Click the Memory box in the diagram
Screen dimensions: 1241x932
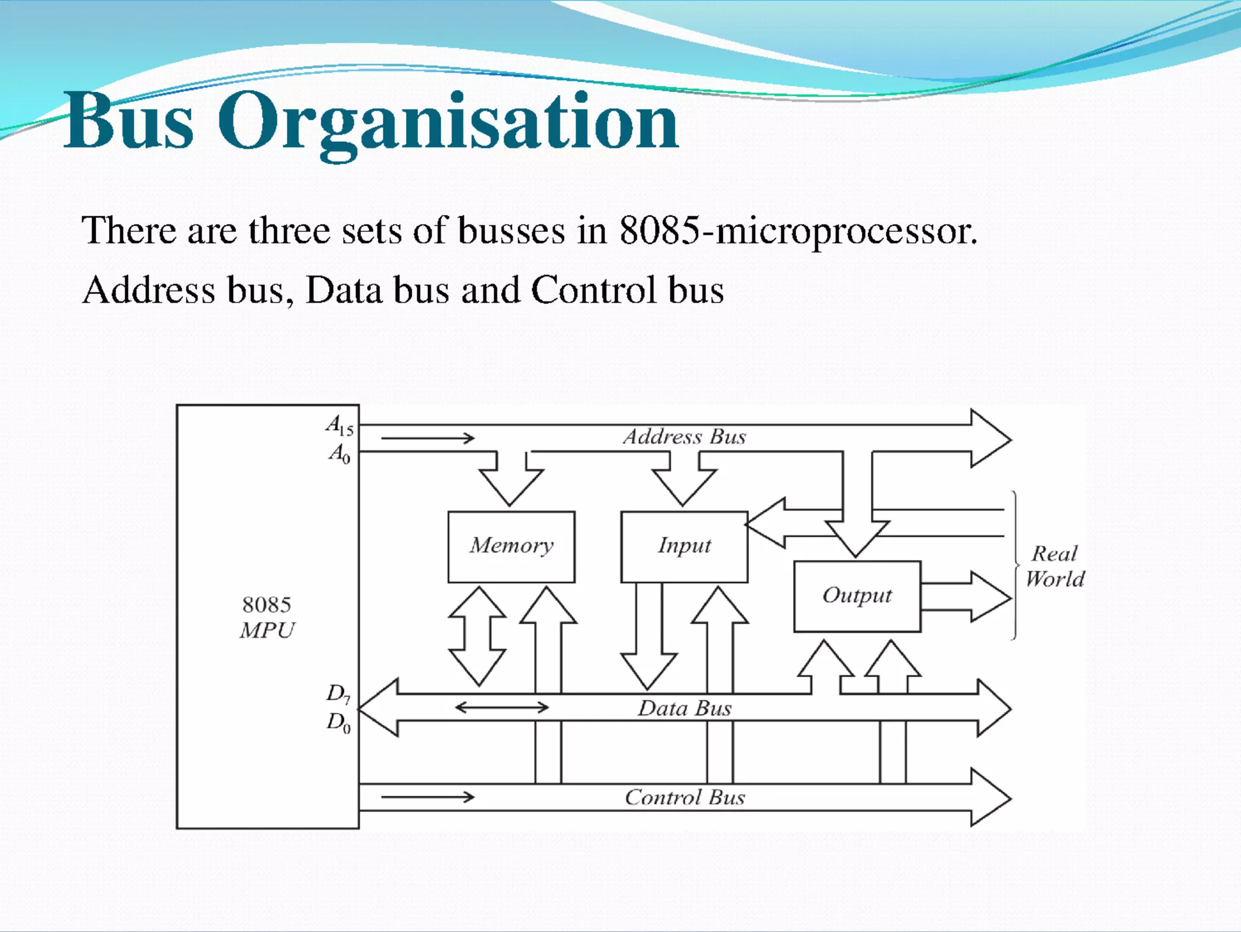[511, 546]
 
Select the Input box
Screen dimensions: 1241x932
[684, 546]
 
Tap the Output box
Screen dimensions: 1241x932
[857, 596]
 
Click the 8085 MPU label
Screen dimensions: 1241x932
[267, 617]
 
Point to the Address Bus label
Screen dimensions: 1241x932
[684, 437]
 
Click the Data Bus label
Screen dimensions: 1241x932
[684, 708]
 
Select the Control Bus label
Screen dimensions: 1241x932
[685, 797]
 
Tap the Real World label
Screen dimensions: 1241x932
[1055, 566]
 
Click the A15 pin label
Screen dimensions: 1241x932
[339, 425]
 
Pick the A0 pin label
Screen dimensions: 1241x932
[339, 453]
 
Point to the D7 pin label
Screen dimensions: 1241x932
[338, 693]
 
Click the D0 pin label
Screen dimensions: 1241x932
[338, 722]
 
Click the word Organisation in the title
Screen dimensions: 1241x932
[447, 121]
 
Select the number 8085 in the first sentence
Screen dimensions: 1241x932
[659, 231]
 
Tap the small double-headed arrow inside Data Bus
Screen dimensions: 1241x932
[502, 707]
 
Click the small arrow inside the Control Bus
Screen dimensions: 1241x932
[428, 797]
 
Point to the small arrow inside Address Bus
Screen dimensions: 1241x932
[428, 438]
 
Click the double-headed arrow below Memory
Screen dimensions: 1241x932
[478, 636]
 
